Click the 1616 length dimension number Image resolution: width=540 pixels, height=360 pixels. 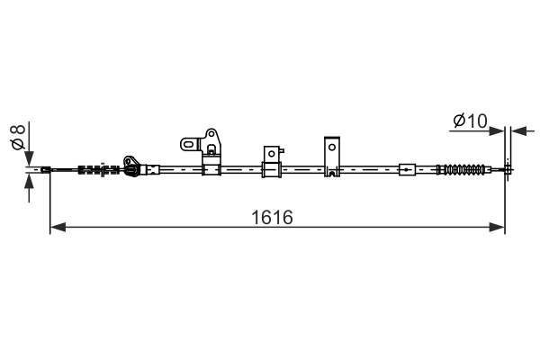pos(273,217)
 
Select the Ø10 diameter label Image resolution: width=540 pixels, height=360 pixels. pos(470,120)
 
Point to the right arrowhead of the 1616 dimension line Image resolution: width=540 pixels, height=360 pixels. pos(497,228)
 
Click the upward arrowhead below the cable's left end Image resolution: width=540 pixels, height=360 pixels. pos(29,184)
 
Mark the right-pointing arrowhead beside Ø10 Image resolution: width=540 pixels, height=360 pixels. pos(497,131)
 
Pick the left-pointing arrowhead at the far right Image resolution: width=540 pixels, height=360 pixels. pos(517,131)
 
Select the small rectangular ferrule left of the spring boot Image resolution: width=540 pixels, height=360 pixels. pos(407,168)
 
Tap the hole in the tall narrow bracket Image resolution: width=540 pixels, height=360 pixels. pos(331,146)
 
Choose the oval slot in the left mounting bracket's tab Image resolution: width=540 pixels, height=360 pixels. pos(189,142)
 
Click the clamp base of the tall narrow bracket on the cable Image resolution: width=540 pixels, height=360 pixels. pos(331,169)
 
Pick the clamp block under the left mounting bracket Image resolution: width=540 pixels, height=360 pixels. pos(212,168)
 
